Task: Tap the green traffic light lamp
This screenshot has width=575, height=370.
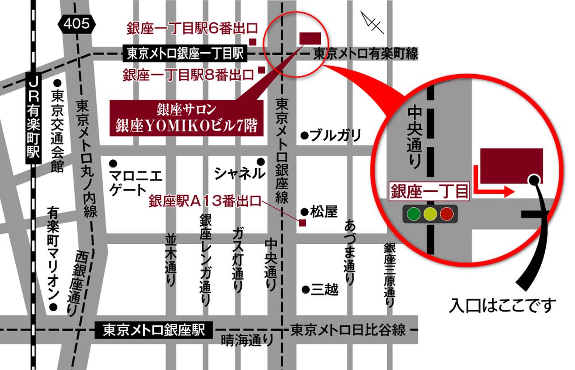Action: tap(413, 214)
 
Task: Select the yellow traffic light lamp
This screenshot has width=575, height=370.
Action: tap(430, 214)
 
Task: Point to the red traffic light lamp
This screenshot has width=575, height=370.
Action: tap(447, 214)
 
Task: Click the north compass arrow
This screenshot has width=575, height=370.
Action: tap(373, 22)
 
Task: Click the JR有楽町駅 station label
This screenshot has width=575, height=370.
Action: tap(33, 117)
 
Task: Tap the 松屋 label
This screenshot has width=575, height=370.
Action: tap(323, 212)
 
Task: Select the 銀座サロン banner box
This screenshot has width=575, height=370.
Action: tap(186, 118)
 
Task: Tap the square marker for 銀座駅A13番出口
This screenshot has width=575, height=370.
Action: tap(302, 223)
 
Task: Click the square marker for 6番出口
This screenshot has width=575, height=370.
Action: tap(253, 42)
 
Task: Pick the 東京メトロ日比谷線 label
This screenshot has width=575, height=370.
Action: tap(348, 331)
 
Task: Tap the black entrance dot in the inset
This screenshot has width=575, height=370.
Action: tap(534, 179)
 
